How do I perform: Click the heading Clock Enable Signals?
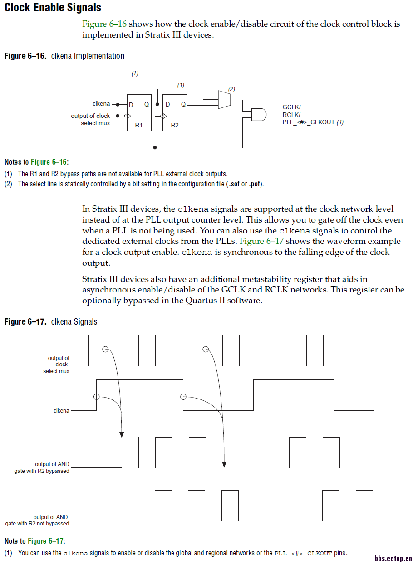pos(53,8)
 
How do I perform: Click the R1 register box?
pos(139,113)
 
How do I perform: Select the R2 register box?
pos(175,113)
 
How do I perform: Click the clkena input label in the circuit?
pos(101,104)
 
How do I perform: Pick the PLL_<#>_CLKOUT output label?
pos(309,122)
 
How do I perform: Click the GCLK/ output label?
pos(292,107)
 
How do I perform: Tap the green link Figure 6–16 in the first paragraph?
pos(104,24)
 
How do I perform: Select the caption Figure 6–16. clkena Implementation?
pos(64,56)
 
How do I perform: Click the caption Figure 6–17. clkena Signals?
pos(51,322)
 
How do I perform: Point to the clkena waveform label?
pos(61,411)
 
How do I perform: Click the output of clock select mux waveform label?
pos(57,365)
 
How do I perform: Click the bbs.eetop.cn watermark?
pos(393,559)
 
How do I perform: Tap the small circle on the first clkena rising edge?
pos(96,397)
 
